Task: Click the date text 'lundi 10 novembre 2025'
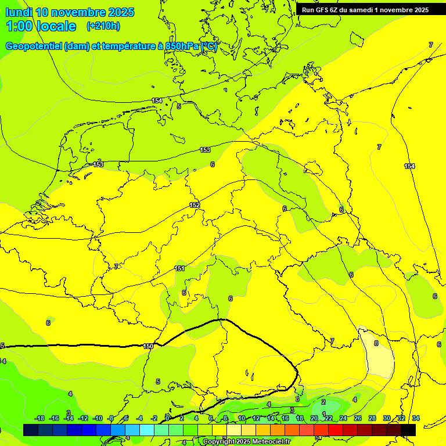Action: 70,12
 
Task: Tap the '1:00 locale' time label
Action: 41,26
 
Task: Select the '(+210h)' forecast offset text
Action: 103,26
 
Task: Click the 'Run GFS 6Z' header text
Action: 319,9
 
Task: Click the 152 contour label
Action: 195,206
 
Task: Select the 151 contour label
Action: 180,268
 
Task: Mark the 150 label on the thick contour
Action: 148,346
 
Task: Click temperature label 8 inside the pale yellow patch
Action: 376,343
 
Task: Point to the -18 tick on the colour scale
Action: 40,418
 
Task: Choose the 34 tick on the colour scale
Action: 416,418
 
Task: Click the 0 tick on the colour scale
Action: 167,418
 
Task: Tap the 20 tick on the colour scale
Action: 314,418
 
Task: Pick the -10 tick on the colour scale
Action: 97,418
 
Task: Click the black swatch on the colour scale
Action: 408,430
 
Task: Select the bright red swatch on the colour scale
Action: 336,430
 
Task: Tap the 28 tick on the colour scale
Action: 372,418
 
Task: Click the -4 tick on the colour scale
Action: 139,418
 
